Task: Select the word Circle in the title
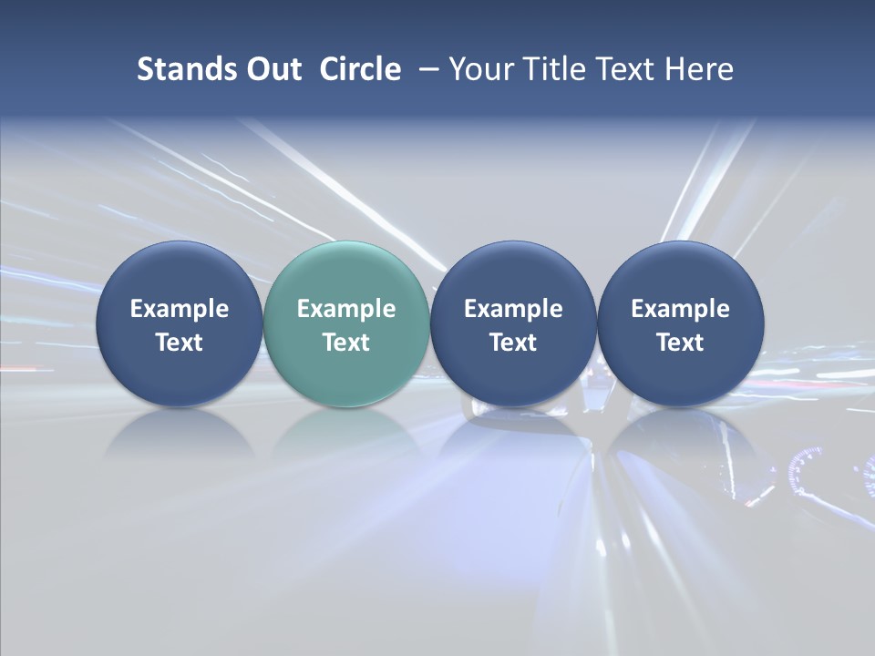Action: pyautogui.click(x=360, y=69)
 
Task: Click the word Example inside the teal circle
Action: pyautogui.click(x=346, y=309)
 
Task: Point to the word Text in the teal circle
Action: pyautogui.click(x=346, y=343)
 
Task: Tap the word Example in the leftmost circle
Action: pyautogui.click(x=179, y=309)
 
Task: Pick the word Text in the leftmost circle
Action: pyautogui.click(x=179, y=343)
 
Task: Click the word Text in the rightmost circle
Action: pyautogui.click(x=681, y=343)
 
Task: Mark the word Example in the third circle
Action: pyautogui.click(x=513, y=309)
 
